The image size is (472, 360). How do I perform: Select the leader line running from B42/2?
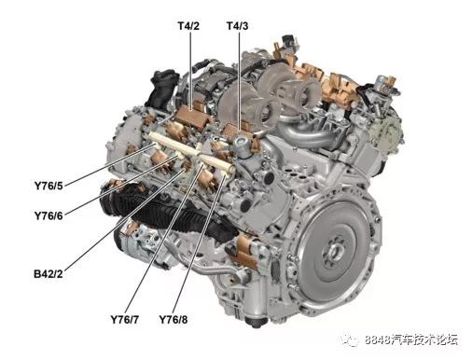coord(121,224)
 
